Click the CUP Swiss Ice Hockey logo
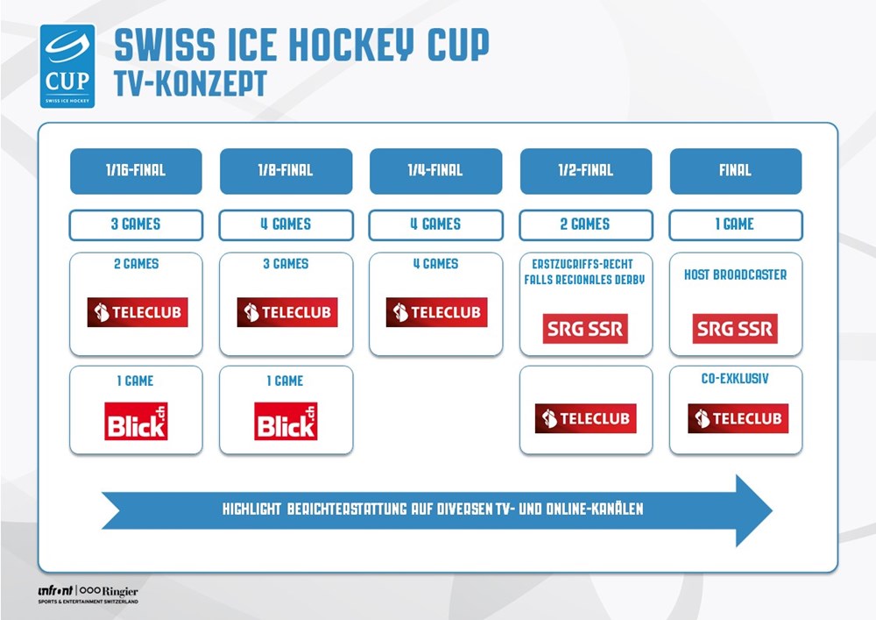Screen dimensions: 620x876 coord(67,67)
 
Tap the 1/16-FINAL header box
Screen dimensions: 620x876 coord(136,171)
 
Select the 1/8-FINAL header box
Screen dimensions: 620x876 coord(286,171)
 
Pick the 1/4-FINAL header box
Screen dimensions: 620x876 coord(435,171)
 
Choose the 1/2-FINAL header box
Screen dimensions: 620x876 coord(586,171)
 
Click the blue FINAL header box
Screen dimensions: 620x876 coord(735,171)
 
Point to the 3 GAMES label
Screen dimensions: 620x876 coord(136,224)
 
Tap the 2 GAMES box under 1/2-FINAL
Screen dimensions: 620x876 coord(586,224)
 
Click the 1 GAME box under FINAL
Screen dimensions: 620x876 coord(735,224)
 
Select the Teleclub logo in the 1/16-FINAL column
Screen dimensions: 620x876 coord(137,312)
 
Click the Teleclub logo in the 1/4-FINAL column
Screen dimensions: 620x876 coord(436,312)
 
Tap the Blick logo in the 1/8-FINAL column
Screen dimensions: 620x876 coord(286,421)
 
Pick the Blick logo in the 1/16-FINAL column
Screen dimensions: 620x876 coord(136,421)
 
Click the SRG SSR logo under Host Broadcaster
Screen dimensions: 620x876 coord(735,329)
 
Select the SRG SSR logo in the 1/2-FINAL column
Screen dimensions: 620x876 coord(585,329)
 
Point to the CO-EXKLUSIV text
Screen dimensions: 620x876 coord(735,381)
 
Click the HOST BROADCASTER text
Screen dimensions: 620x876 coord(735,274)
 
